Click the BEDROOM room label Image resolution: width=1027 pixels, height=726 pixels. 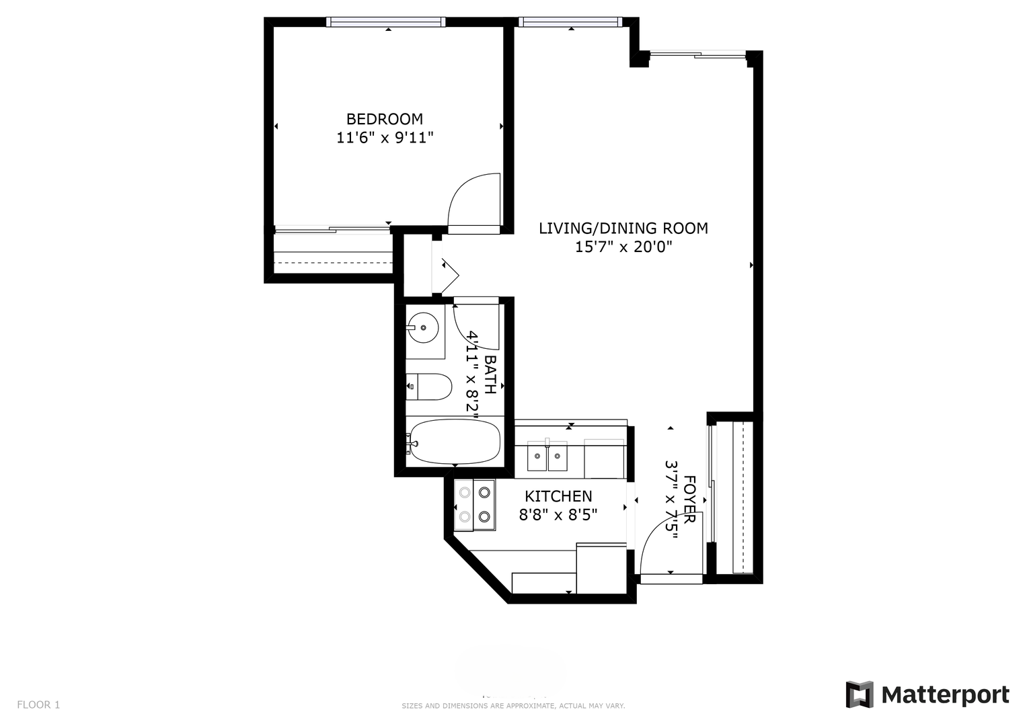click(384, 119)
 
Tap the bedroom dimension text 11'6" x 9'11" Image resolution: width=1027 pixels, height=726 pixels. click(385, 138)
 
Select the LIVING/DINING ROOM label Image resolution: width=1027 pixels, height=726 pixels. click(623, 229)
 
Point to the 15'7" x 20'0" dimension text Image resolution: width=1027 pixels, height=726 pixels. click(623, 247)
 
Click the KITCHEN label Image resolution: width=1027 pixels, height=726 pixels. click(558, 496)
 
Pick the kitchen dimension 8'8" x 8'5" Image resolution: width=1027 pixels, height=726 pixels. click(558, 515)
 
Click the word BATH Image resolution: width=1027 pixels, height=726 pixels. click(490, 374)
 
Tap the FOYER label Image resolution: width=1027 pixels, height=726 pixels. click(689, 499)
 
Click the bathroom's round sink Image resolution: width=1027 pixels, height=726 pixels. click(423, 327)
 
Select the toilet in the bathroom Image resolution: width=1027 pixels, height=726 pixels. click(428, 387)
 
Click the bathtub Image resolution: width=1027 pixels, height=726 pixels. click(454, 442)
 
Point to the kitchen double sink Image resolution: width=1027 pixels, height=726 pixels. click(547, 456)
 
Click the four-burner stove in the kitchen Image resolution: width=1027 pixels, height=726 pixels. click(475, 505)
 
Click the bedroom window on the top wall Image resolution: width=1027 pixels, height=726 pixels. click(385, 22)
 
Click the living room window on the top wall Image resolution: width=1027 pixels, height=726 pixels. click(570, 22)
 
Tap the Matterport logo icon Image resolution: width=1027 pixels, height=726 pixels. click(860, 694)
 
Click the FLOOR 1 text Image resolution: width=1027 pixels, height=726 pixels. click(38, 704)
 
